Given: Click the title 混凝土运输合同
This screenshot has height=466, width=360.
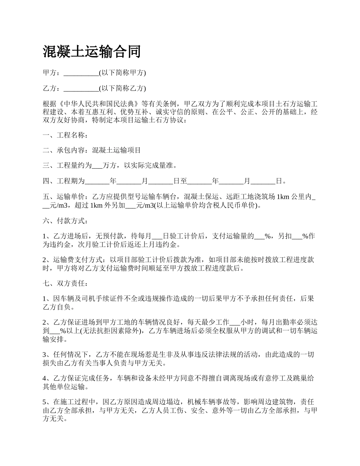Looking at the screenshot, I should tap(92, 52).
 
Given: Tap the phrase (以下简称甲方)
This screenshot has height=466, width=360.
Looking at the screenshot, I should tap(122, 73).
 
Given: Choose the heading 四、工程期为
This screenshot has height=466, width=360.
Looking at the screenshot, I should tap(64, 181).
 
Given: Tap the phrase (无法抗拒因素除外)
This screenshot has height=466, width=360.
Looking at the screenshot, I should tap(105, 331).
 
